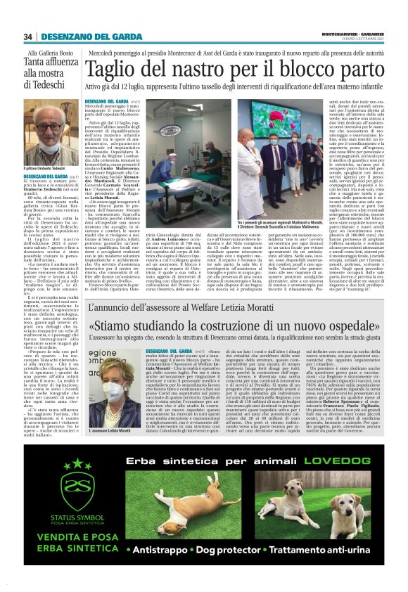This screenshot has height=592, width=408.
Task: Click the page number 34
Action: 29,37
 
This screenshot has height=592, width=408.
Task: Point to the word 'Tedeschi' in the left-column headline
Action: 50,93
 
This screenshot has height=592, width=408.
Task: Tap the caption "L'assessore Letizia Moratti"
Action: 113,431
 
